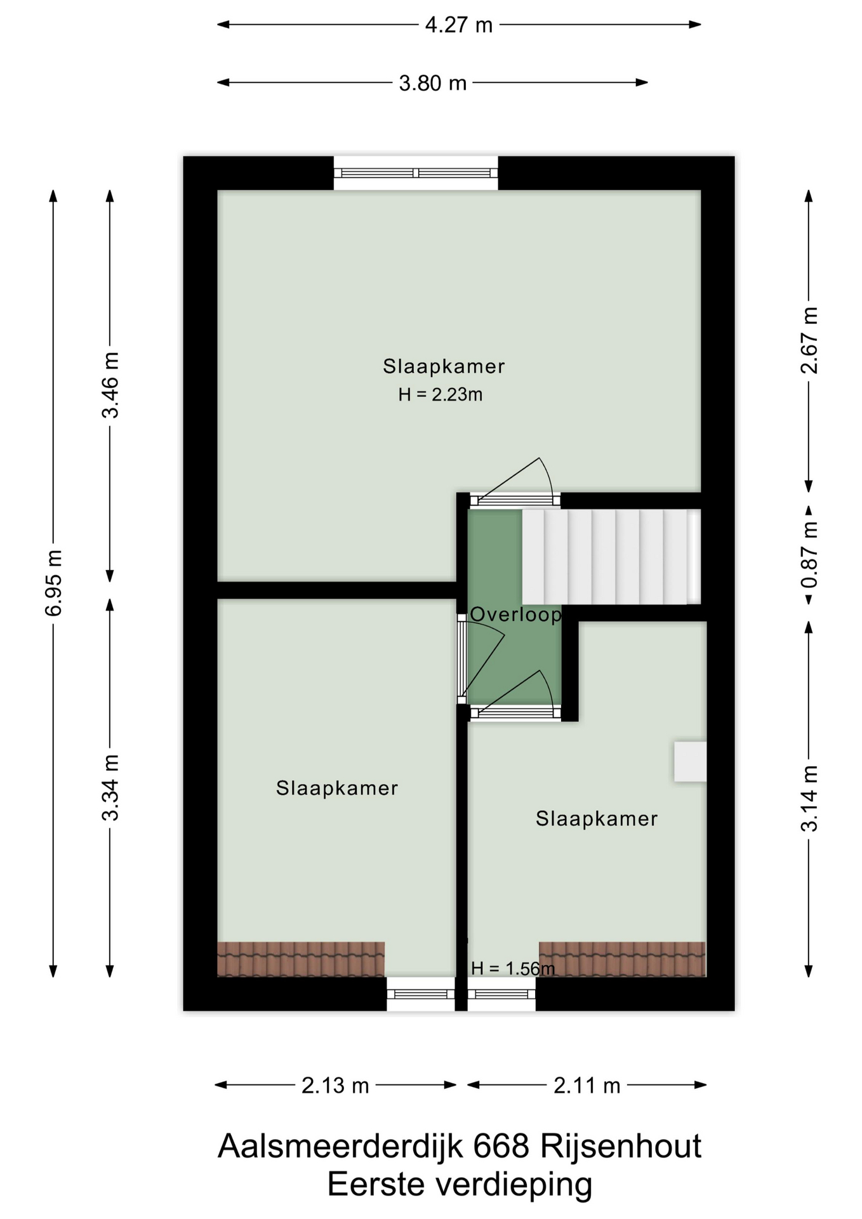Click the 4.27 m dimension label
[x=458, y=25]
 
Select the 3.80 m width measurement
[x=432, y=83]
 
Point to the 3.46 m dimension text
[x=110, y=385]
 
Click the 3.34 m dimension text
[x=110, y=788]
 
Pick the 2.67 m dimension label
[x=809, y=340]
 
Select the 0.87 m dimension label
[x=809, y=555]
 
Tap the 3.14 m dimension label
[x=809, y=799]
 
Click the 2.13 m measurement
[x=335, y=1086]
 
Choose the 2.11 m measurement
[x=587, y=1086]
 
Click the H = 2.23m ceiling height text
[x=441, y=395]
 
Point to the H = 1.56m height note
[x=513, y=968]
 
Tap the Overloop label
[x=515, y=615]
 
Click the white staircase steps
[x=611, y=557]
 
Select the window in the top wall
[x=416, y=173]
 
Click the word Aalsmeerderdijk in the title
[x=341, y=1147]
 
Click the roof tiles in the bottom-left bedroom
[x=301, y=959]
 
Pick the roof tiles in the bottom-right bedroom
[x=622, y=959]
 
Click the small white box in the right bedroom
[x=690, y=761]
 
